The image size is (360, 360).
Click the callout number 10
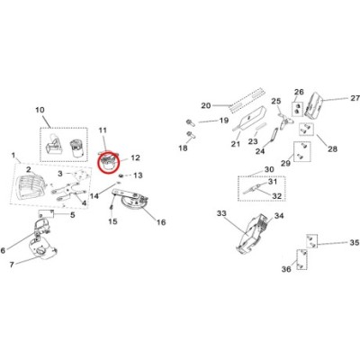coord(40,110)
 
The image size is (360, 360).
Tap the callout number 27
coord(355,98)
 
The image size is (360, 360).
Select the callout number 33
coord(221,213)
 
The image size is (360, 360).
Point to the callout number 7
coord(12,265)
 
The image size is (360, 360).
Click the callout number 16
coord(161,222)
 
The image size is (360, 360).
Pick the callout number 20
coord(206,105)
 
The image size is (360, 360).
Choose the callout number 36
coord(286,269)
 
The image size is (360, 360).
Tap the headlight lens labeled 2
coord(30,188)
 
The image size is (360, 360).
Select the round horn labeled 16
coord(133,203)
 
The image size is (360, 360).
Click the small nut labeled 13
coord(121,175)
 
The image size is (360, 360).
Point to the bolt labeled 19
coord(190,122)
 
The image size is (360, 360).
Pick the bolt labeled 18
coord(190,134)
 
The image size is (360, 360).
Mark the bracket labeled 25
coord(285,121)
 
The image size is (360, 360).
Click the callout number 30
coord(269,170)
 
